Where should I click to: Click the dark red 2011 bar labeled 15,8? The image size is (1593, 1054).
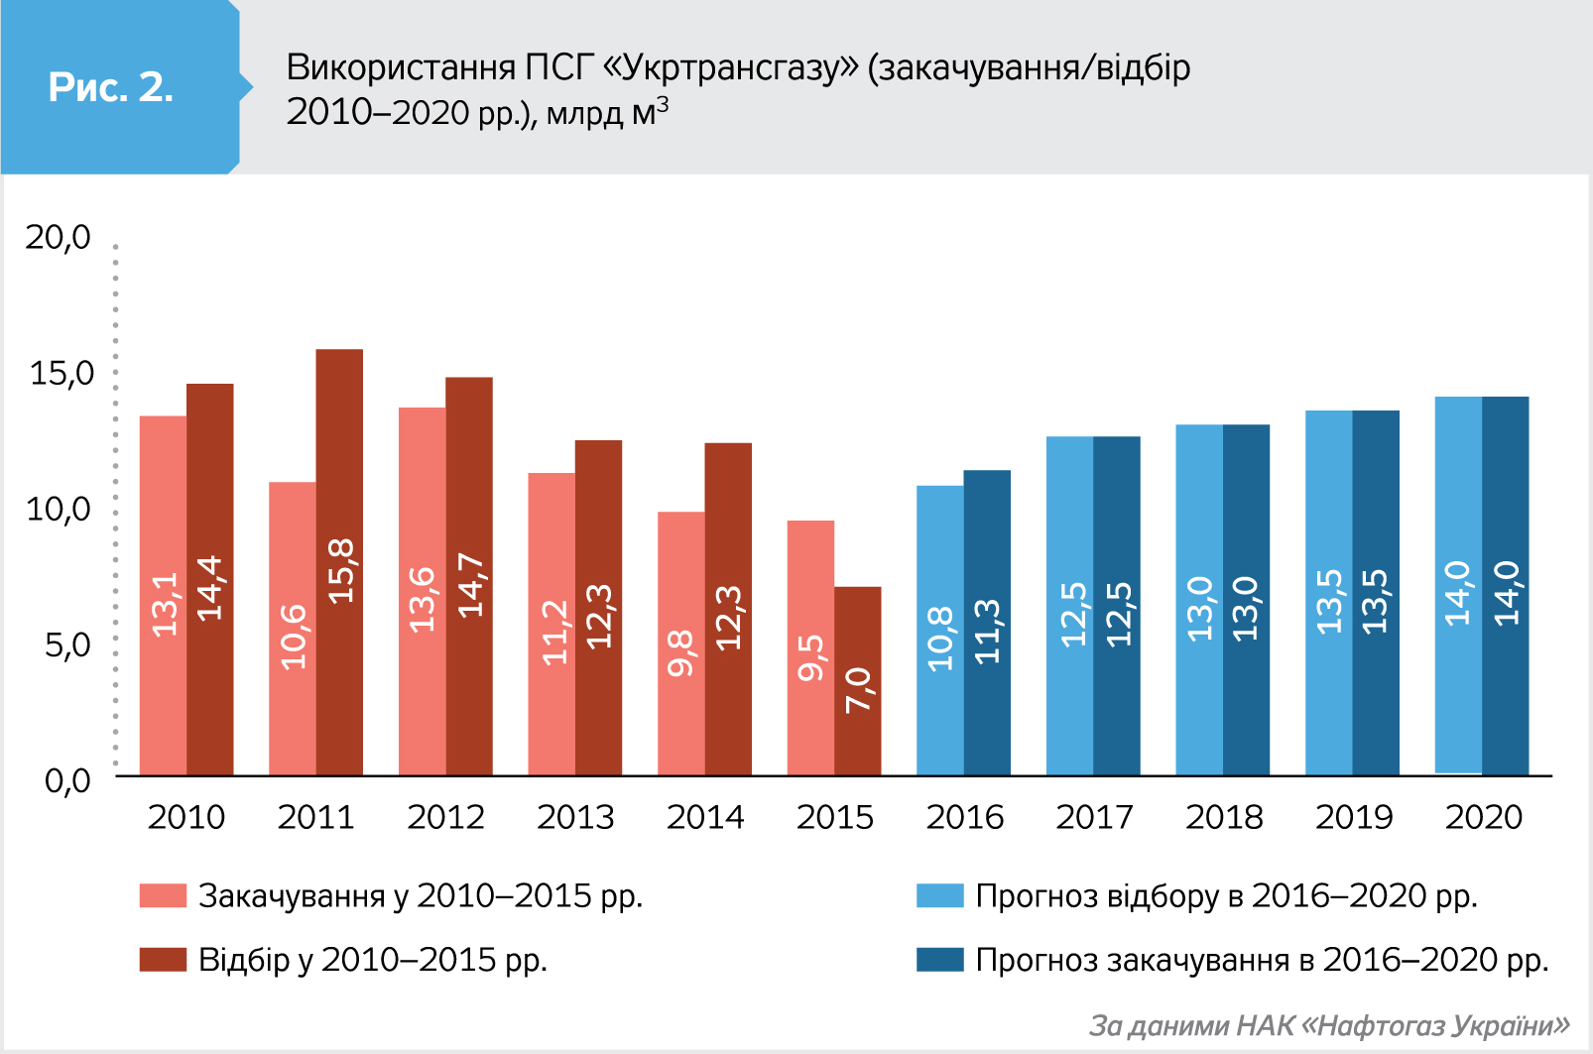339,562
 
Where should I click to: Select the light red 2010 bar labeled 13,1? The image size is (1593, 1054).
164,595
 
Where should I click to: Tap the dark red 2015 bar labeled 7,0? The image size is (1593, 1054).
858,681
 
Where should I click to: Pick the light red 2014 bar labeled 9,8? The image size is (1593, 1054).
681,644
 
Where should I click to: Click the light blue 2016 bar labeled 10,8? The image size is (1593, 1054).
940,630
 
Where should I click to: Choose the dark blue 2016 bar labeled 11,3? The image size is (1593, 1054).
987,623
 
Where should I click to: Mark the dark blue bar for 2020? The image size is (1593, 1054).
1506,586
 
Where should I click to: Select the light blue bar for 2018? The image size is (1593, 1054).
1199,600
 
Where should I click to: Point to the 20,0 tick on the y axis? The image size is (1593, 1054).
59,237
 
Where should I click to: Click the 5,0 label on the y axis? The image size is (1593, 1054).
67,645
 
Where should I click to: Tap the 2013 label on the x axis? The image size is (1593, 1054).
575,817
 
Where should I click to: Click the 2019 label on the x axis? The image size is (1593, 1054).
1354,817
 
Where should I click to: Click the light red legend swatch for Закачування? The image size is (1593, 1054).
163,895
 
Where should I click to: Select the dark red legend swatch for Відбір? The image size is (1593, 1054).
163,959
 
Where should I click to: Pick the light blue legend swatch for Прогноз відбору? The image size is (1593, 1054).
939,895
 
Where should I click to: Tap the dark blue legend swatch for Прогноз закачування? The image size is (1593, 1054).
939,959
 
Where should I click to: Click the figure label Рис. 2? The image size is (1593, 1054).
111,87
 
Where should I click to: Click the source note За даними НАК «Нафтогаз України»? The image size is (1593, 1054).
1329,1025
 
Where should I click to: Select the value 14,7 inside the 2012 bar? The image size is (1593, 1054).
470,585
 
